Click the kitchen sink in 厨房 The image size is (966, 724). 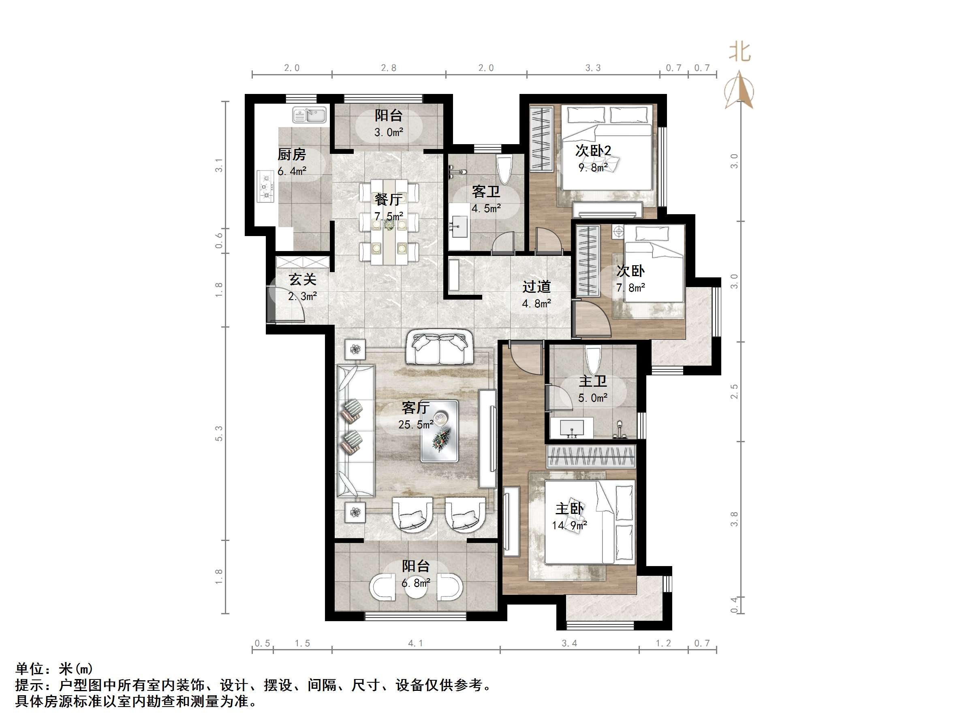pyautogui.click(x=309, y=115)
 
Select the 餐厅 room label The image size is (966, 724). pyautogui.click(x=388, y=200)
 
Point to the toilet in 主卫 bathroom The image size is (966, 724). pyautogui.click(x=594, y=360)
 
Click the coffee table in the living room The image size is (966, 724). pyautogui.click(x=439, y=431)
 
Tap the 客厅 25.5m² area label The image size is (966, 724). pyautogui.click(x=415, y=416)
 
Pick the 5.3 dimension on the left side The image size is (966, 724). pyautogui.click(x=219, y=433)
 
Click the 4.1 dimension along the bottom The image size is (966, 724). pyautogui.click(x=415, y=643)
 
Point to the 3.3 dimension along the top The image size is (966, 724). pyautogui.click(x=593, y=68)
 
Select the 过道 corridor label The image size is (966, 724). pyautogui.click(x=536, y=287)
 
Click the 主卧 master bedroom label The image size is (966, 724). pyautogui.click(x=569, y=509)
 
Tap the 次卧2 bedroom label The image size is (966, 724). pyautogui.click(x=593, y=151)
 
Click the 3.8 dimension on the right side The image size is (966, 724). pyautogui.click(x=734, y=519)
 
